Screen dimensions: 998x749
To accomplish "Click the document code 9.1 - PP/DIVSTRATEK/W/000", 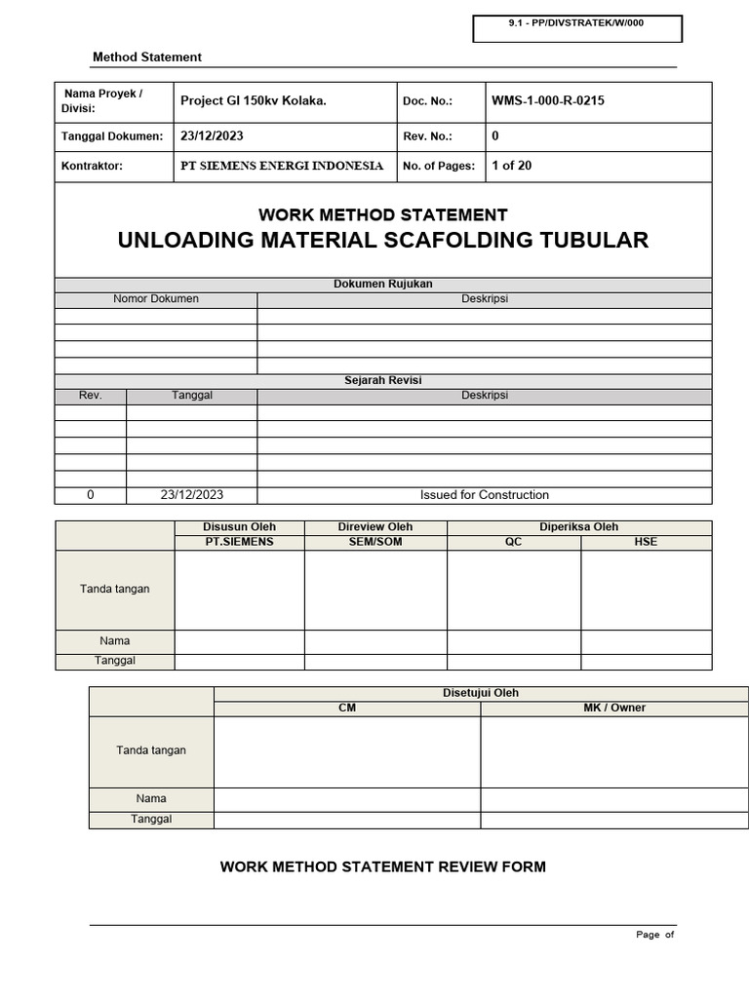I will [x=576, y=22].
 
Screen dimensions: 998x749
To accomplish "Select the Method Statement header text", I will [x=146, y=58].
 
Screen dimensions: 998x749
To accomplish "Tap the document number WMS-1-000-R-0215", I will [x=548, y=100].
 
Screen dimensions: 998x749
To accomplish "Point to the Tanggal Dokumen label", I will [x=112, y=136].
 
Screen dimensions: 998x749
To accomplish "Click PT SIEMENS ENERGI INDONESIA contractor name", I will [x=282, y=166].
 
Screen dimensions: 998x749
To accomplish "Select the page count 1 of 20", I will [x=512, y=166].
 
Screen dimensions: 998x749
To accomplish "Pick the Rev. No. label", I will [x=427, y=136].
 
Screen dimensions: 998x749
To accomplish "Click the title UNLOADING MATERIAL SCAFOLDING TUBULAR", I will [x=382, y=241].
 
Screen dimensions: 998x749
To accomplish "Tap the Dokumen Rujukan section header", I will [x=382, y=285].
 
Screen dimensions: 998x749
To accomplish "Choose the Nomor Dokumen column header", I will [x=156, y=299].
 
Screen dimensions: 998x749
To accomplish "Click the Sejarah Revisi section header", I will [x=382, y=381].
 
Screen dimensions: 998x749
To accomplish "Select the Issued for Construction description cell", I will [x=484, y=495].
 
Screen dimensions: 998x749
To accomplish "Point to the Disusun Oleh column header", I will [x=239, y=527].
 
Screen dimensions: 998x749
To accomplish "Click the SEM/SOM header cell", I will [x=375, y=542].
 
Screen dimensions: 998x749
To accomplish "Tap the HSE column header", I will [x=646, y=542].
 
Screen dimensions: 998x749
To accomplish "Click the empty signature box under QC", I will [x=513, y=590].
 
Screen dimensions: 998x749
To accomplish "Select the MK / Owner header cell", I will [x=614, y=709].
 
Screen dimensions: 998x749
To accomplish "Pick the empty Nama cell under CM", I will [x=346, y=799].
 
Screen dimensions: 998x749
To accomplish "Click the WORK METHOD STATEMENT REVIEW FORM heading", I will [x=382, y=867].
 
